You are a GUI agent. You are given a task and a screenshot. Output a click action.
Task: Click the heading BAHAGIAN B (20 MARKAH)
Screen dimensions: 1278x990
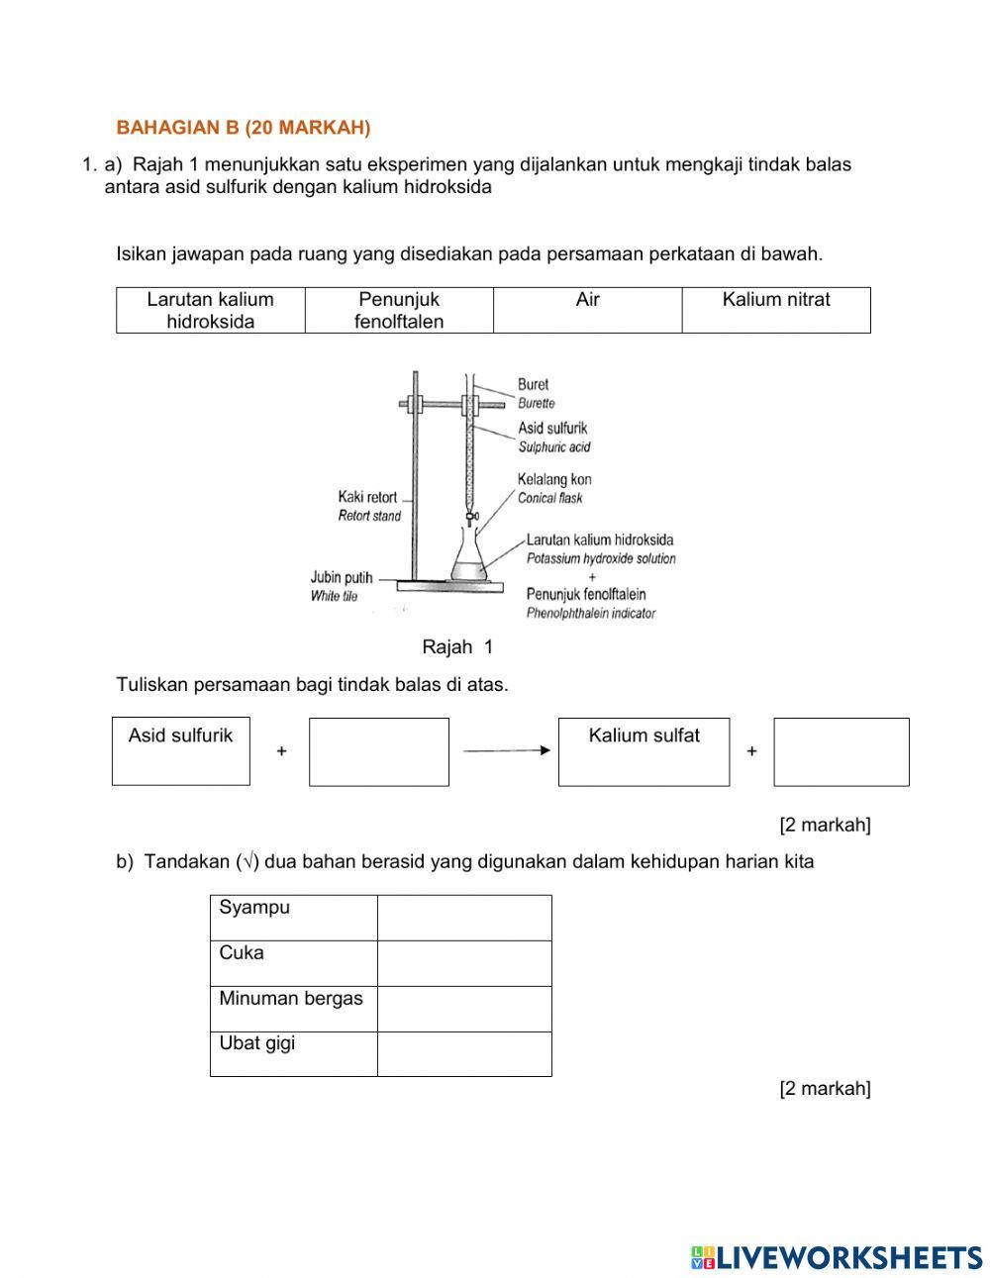pos(244,128)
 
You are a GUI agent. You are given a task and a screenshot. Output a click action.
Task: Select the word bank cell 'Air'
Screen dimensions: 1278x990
pos(587,310)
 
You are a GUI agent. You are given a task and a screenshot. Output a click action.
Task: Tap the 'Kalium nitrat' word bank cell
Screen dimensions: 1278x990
pos(776,310)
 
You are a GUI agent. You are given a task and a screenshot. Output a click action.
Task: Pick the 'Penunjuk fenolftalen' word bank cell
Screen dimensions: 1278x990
pos(399,310)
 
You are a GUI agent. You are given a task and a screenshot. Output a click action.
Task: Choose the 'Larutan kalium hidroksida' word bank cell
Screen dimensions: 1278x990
pos(210,310)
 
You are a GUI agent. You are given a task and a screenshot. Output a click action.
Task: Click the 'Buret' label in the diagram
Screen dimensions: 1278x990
pos(533,384)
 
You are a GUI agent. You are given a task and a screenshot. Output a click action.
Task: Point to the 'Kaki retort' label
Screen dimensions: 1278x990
pos(367,497)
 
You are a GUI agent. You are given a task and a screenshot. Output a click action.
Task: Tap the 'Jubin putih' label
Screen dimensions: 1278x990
pos(342,578)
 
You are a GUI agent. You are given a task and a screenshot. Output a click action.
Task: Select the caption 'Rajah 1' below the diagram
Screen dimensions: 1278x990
pos(457,647)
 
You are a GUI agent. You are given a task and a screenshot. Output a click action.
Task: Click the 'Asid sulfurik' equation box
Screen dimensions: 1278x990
pos(180,751)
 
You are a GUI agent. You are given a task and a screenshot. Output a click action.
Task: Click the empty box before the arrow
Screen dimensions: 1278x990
pos(378,752)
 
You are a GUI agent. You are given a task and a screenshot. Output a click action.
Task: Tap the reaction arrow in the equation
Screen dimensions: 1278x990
pos(506,751)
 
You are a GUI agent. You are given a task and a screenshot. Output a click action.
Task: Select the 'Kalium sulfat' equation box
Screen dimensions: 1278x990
pos(643,752)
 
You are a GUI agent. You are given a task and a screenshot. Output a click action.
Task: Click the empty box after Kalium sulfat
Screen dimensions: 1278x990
pos(841,752)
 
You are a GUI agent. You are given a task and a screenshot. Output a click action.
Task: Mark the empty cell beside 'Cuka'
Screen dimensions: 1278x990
pos(464,963)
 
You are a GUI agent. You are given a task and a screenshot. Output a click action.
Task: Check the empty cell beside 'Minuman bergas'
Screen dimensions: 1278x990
pos(464,1009)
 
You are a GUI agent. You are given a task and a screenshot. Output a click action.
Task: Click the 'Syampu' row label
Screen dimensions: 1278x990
pos(254,908)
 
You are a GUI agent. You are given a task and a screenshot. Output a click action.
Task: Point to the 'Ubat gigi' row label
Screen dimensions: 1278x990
pos(257,1043)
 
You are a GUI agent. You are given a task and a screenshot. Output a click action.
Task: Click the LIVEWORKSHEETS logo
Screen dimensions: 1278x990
pos(837,1256)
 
